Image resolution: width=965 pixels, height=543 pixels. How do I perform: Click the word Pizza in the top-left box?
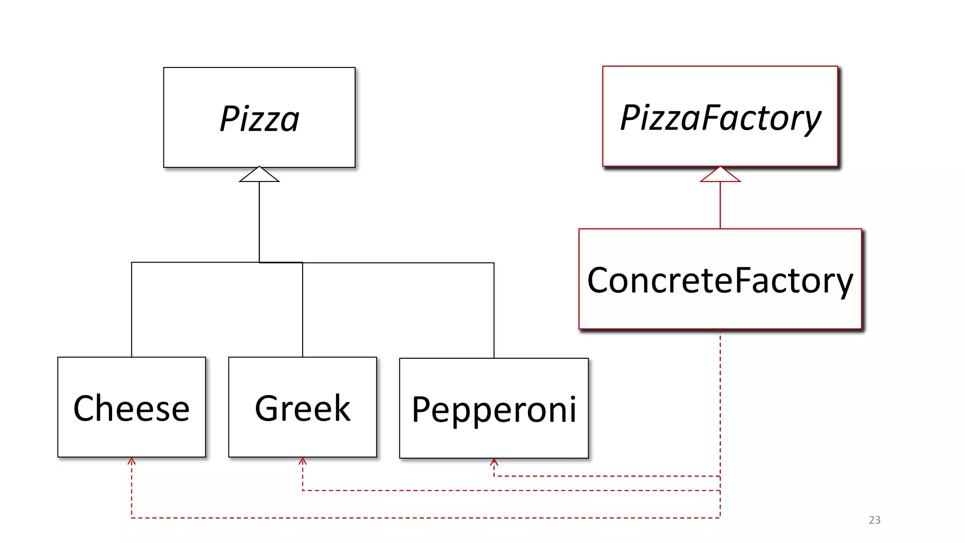click(x=259, y=119)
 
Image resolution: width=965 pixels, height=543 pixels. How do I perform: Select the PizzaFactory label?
click(x=720, y=118)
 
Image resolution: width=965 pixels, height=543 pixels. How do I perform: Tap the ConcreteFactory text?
click(x=720, y=280)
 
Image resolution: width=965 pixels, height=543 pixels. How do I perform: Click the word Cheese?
click(x=131, y=408)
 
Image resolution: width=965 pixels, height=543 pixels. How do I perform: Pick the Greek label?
click(x=303, y=408)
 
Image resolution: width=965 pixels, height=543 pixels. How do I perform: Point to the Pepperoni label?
click(x=494, y=410)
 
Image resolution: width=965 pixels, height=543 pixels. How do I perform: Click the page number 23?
click(x=875, y=520)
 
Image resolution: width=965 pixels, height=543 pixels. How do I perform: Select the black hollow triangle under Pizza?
click(x=259, y=175)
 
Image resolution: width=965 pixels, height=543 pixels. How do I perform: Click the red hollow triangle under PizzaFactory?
click(x=720, y=175)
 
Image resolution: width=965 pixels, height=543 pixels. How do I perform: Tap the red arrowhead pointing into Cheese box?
click(x=131, y=461)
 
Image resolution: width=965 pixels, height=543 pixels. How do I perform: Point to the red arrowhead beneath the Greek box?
click(x=303, y=461)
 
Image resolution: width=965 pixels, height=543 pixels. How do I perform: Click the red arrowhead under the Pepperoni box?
click(x=494, y=462)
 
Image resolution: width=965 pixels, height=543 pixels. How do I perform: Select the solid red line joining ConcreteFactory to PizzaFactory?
click(x=720, y=206)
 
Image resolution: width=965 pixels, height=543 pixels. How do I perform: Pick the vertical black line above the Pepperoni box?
click(x=494, y=311)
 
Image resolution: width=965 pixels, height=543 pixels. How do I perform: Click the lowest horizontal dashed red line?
click(x=424, y=518)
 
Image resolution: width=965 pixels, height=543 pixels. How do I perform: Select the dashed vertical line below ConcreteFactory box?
click(x=720, y=401)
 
